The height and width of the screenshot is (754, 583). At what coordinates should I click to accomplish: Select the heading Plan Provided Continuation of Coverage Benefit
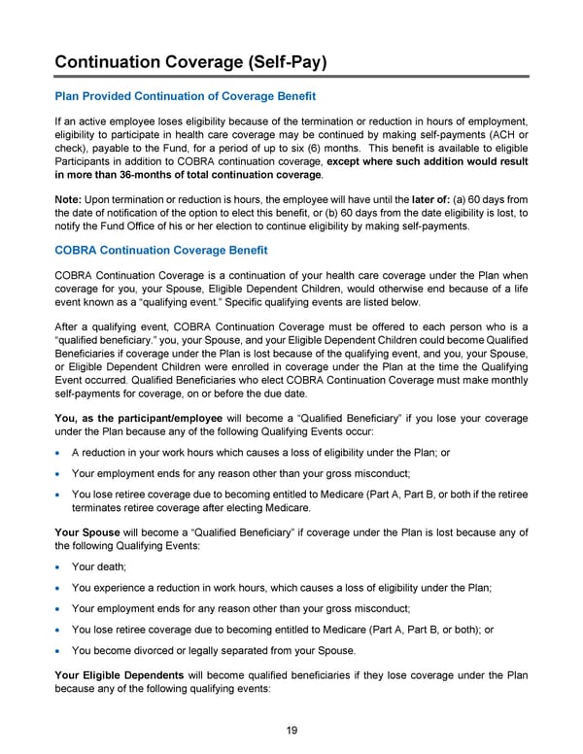click(186, 96)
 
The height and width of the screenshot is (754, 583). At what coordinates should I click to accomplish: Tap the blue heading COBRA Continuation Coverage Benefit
click(161, 250)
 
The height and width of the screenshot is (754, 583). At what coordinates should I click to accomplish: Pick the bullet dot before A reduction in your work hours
click(60, 453)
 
